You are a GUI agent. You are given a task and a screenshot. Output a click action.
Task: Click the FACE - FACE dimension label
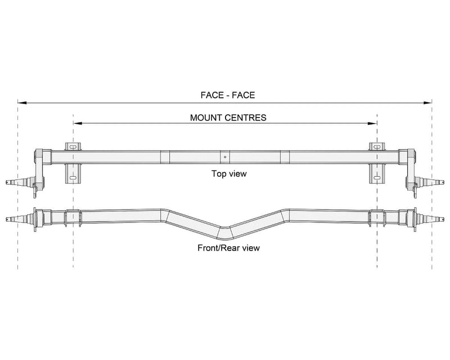point(228,95)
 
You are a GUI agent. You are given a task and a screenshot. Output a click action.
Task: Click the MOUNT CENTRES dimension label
point(228,118)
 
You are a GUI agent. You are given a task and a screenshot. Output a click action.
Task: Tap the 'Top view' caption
point(229,174)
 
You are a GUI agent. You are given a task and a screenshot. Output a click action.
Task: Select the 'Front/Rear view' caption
point(228,247)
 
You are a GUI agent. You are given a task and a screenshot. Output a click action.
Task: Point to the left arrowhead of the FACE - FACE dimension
point(22,102)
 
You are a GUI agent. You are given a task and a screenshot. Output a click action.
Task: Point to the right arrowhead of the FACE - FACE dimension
point(427,102)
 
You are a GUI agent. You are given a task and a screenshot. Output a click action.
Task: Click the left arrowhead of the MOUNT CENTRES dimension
point(78,123)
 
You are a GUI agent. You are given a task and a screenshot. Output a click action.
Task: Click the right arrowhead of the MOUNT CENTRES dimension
point(372,123)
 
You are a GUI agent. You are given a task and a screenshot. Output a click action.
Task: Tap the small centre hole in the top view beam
point(226,157)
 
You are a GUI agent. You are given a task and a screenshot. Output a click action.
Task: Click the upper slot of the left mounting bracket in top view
point(73,147)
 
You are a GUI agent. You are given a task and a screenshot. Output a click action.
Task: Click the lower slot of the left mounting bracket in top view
point(73,178)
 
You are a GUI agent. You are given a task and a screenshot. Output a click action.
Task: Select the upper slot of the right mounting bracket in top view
point(377,147)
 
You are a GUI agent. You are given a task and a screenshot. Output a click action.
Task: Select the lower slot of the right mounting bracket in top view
point(377,178)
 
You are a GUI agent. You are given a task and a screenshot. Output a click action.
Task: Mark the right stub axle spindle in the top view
point(431,182)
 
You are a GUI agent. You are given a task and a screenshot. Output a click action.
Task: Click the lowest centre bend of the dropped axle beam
point(225,233)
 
